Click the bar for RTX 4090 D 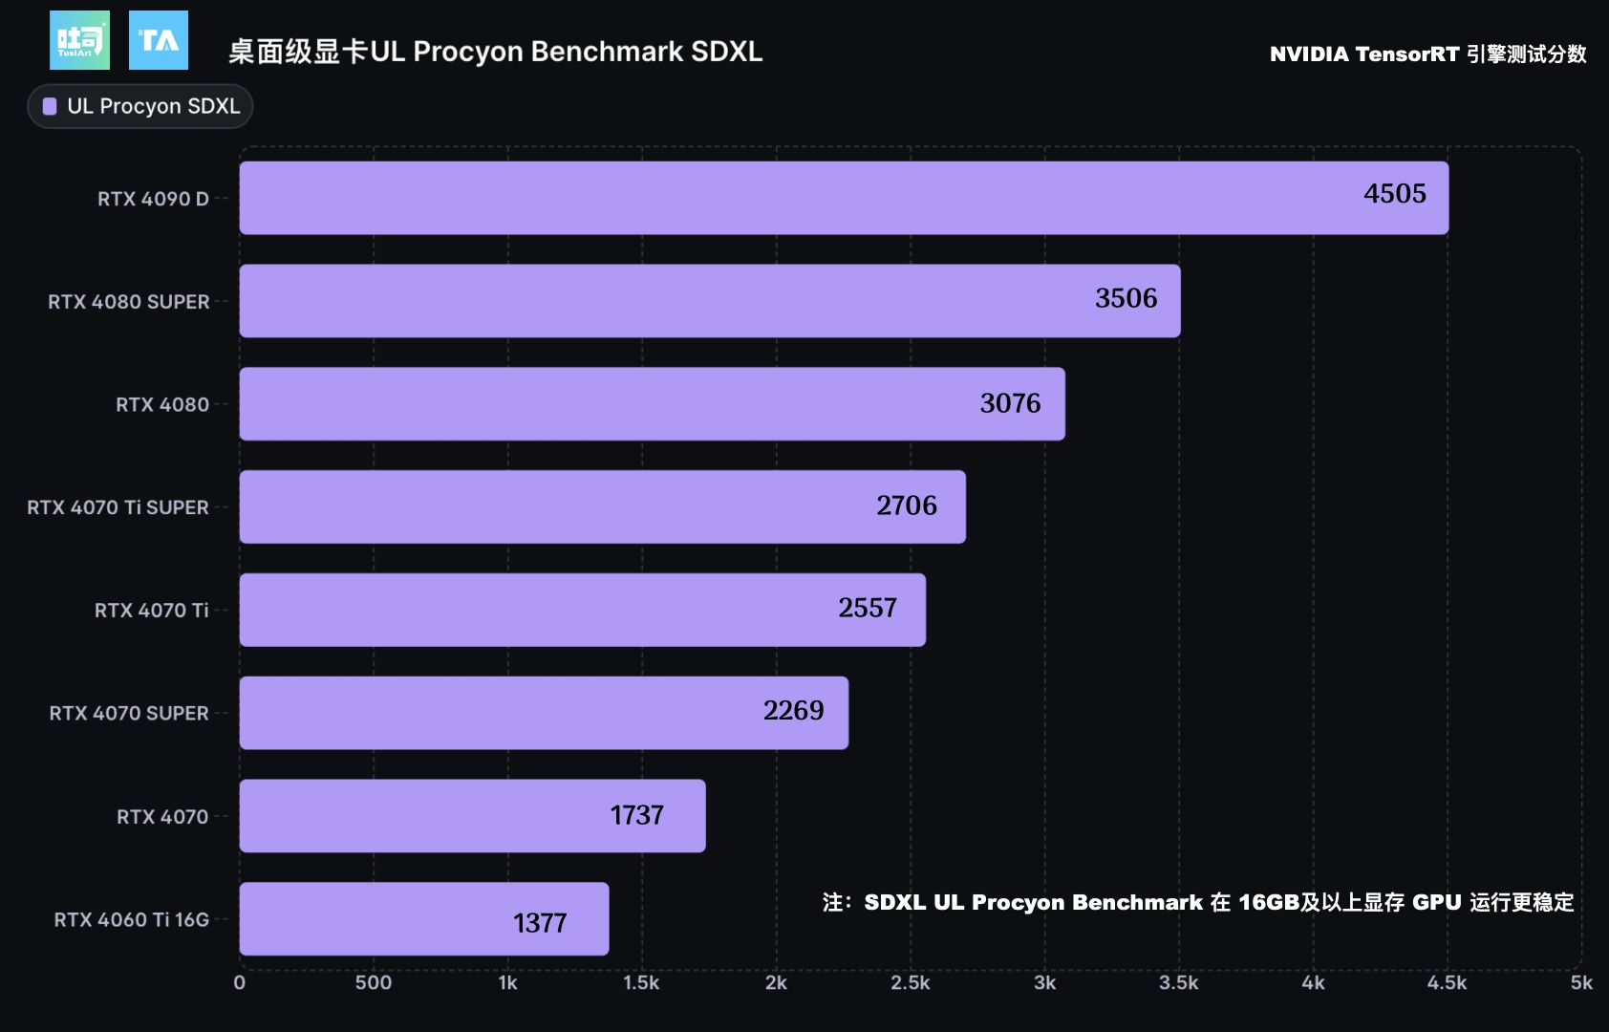pyautogui.click(x=844, y=198)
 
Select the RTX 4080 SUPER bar pyautogui.click(x=710, y=301)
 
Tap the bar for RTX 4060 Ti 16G pyautogui.click(x=424, y=919)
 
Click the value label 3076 pyautogui.click(x=1010, y=403)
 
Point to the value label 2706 pyautogui.click(x=907, y=505)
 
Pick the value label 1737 pyautogui.click(x=636, y=815)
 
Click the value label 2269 pyautogui.click(x=793, y=710)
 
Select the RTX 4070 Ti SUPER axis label pyautogui.click(x=118, y=507)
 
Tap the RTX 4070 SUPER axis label pyautogui.click(x=129, y=713)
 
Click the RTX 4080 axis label pyautogui.click(x=162, y=404)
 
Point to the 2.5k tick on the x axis pyautogui.click(x=910, y=982)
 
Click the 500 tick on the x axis pyautogui.click(x=374, y=982)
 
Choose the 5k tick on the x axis pyautogui.click(x=1581, y=982)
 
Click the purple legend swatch pyautogui.click(x=50, y=106)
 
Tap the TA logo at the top pyautogui.click(x=159, y=40)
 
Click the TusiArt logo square pyautogui.click(x=79, y=40)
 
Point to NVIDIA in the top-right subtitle pyautogui.click(x=1309, y=54)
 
